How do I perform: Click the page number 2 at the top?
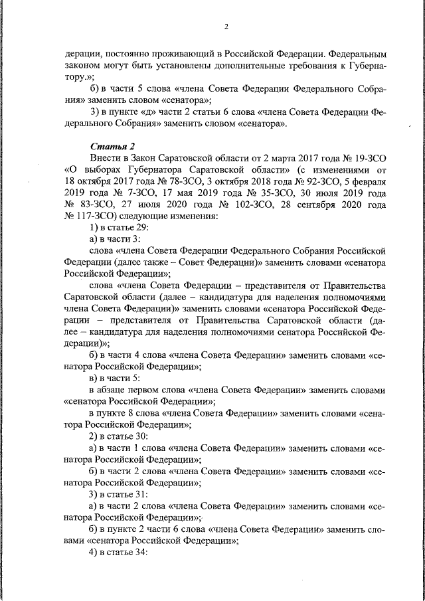pos(226,27)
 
